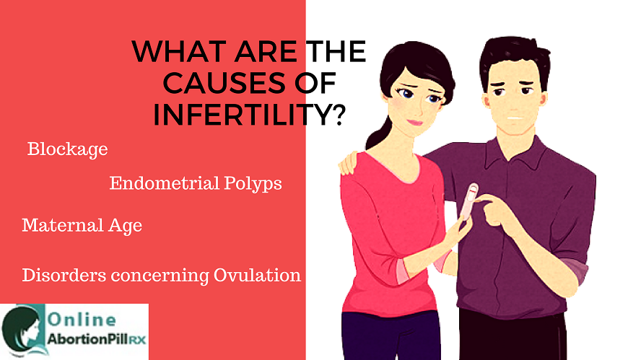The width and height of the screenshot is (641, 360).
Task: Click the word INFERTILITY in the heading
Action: pyautogui.click(x=242, y=115)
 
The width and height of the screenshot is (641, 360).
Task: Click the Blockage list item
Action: pyautogui.click(x=67, y=149)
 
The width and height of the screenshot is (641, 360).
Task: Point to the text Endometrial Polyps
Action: pyautogui.click(x=196, y=184)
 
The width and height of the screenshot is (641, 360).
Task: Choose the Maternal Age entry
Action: pyautogui.click(x=82, y=226)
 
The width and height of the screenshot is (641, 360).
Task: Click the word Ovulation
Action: pyautogui.click(x=257, y=275)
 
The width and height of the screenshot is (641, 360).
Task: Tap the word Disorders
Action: pyautogui.click(x=64, y=275)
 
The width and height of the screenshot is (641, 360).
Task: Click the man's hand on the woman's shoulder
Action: pyautogui.click(x=349, y=162)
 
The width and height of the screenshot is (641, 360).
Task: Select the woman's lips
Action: pyautogui.click(x=414, y=122)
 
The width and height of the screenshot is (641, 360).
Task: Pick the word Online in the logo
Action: pyautogui.click(x=82, y=320)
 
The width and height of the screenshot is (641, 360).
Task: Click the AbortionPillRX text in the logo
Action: pyautogui.click(x=97, y=339)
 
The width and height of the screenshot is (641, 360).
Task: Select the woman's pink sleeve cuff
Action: pyautogui.click(x=403, y=270)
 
